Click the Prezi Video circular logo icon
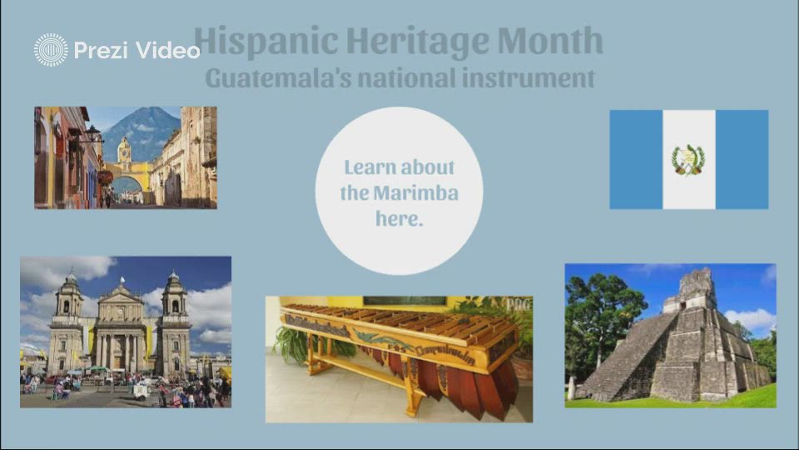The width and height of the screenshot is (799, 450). click(51, 50)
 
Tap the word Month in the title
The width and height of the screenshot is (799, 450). click(550, 40)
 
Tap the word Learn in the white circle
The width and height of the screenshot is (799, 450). click(370, 167)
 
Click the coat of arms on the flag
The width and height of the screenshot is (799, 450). click(688, 159)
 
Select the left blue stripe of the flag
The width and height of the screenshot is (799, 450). click(636, 159)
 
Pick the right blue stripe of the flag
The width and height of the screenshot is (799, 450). click(742, 159)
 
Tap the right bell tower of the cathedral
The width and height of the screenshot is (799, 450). click(174, 300)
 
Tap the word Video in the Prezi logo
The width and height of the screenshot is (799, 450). click(169, 50)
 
